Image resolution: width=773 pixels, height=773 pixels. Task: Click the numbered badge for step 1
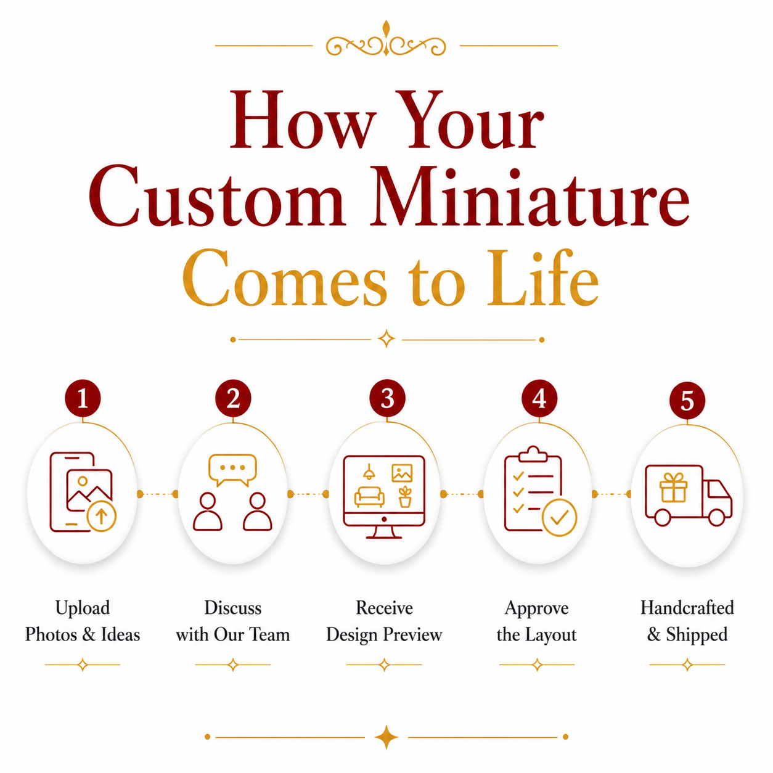[83, 398]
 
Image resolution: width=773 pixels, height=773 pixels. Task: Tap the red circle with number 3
[387, 398]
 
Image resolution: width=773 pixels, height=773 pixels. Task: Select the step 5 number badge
[687, 401]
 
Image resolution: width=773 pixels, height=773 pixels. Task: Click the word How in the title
[303, 119]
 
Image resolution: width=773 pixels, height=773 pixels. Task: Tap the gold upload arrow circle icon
[101, 517]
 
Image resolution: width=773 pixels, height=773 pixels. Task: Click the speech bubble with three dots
[232, 470]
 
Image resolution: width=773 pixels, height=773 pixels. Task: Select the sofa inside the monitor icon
[369, 497]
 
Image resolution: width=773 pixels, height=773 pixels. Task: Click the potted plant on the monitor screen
[405, 497]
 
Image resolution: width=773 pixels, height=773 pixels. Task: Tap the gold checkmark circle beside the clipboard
[558, 517]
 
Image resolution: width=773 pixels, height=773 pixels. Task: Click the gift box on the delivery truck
[674, 487]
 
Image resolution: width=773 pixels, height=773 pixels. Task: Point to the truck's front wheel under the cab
[716, 517]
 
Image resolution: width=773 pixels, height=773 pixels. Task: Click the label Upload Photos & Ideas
[83, 622]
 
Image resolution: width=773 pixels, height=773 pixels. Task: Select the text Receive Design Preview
[384, 622]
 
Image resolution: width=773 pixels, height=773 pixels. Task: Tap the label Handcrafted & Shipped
[687, 622]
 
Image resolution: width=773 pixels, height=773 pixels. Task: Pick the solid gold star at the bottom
[386, 737]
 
